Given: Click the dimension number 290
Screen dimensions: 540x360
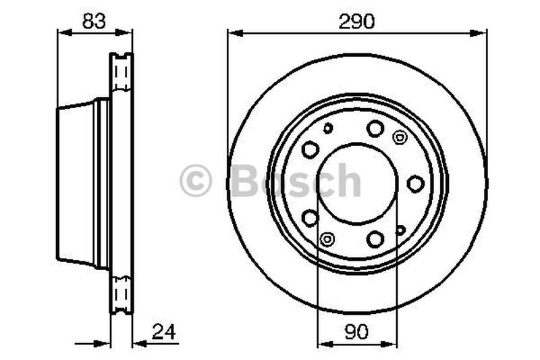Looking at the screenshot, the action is pyautogui.click(x=356, y=22).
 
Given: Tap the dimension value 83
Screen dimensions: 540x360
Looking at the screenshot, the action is pyautogui.click(x=94, y=21).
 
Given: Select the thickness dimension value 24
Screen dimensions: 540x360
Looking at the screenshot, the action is pyautogui.click(x=164, y=332).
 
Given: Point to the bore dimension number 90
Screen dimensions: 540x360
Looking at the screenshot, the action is pyautogui.click(x=356, y=332).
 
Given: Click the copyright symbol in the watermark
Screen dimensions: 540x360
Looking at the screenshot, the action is pyautogui.click(x=196, y=180).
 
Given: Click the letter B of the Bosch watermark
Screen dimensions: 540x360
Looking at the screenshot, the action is pyautogui.click(x=245, y=180).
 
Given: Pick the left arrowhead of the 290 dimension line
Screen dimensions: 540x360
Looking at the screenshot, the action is pyautogui.click(x=236, y=33).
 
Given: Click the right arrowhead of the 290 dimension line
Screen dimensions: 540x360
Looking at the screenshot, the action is pyautogui.click(x=479, y=33).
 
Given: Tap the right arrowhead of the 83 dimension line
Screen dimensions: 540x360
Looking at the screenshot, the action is pyautogui.click(x=124, y=32).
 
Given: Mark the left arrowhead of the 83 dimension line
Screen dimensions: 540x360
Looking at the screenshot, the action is pyautogui.click(x=65, y=32).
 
